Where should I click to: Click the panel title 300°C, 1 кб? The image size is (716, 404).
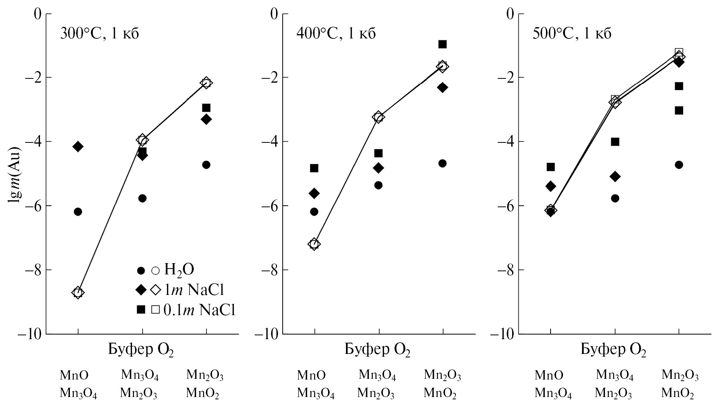(x=99, y=34)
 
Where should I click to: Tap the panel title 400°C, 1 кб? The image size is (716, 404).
(x=336, y=34)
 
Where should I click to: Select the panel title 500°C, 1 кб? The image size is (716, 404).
(x=572, y=34)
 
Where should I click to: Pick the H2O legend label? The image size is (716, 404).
(x=179, y=270)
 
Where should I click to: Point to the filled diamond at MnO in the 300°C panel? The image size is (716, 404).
(x=78, y=147)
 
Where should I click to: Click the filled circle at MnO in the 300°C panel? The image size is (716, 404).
(x=78, y=212)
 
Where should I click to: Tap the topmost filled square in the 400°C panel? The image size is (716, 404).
(x=442, y=44)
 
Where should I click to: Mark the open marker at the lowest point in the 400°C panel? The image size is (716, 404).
(x=314, y=244)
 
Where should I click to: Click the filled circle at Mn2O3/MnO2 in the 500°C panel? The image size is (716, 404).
(x=679, y=165)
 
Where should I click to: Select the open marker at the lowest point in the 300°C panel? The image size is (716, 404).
(x=78, y=292)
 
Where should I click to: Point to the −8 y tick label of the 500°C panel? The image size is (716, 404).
(x=506, y=270)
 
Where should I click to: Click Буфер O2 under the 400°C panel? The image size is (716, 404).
(x=377, y=350)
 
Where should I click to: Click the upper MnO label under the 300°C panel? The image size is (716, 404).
(x=74, y=375)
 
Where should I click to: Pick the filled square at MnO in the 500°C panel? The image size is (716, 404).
(x=551, y=167)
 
